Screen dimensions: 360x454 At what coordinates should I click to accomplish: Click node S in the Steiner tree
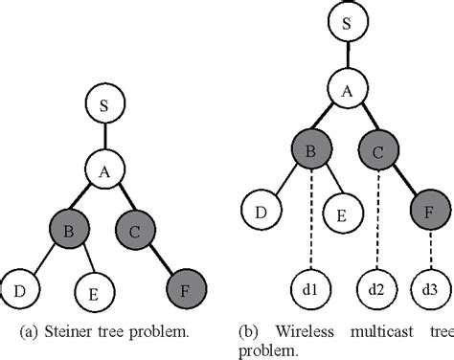point(103,105)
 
